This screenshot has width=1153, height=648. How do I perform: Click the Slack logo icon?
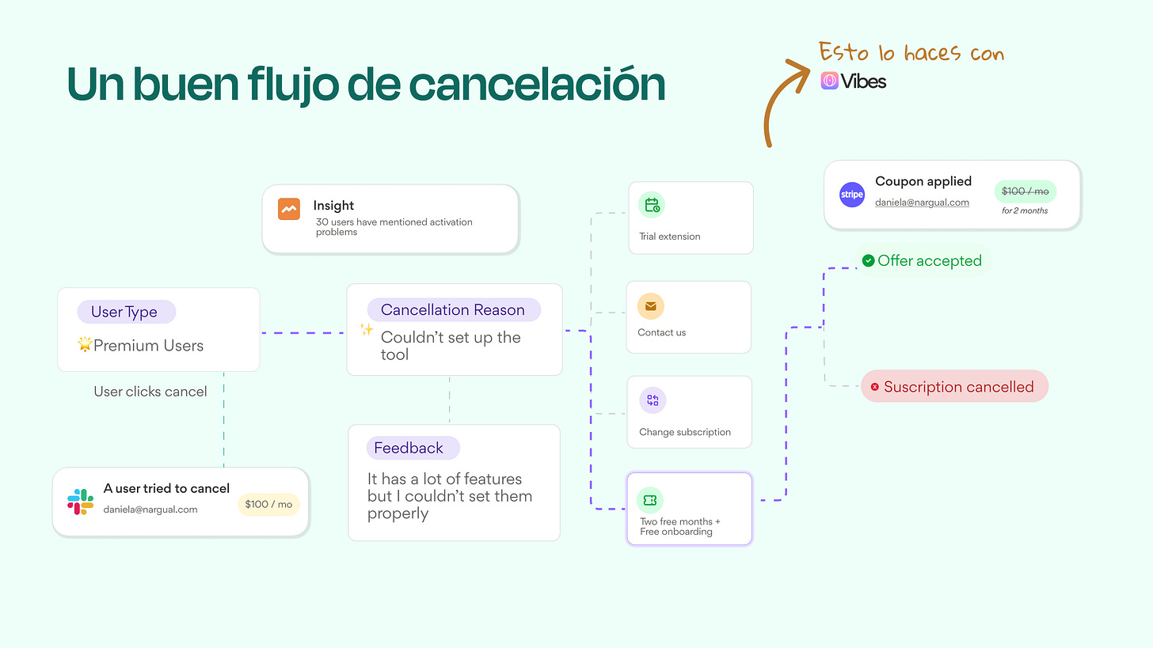click(x=81, y=502)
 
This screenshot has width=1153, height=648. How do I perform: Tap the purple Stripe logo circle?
click(x=852, y=195)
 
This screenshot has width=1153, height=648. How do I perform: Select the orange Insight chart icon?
click(x=289, y=209)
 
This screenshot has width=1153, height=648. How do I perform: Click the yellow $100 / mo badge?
click(x=268, y=504)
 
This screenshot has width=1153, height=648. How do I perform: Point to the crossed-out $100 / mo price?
click(x=1025, y=191)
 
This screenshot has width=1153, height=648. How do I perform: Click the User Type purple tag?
click(x=126, y=312)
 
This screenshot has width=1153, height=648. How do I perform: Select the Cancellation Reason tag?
click(x=453, y=310)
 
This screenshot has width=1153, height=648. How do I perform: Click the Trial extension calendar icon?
click(x=652, y=206)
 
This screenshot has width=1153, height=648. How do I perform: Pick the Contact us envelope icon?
click(x=651, y=306)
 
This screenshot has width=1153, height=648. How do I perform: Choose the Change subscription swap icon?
click(x=653, y=400)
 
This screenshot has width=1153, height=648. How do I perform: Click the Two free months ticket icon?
click(x=650, y=500)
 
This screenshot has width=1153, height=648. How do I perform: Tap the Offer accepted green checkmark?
click(x=868, y=260)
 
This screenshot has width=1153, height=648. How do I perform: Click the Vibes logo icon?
click(x=829, y=81)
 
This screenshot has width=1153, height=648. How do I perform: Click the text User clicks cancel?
click(x=150, y=392)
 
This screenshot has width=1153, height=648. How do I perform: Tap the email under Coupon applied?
click(x=922, y=203)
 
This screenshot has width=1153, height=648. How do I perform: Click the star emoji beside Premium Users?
click(x=85, y=345)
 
